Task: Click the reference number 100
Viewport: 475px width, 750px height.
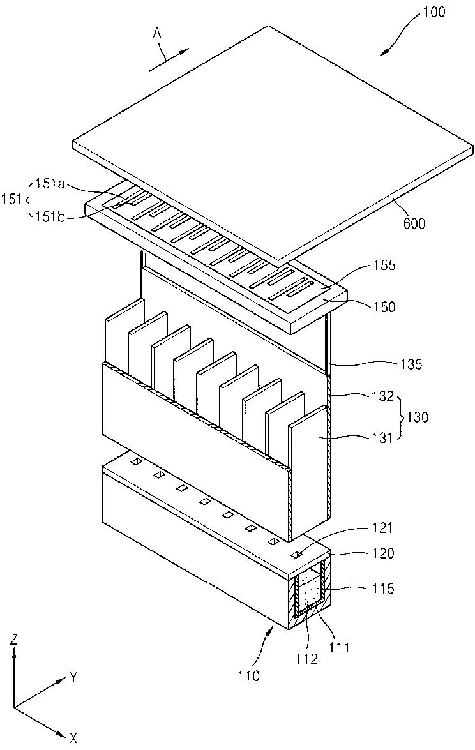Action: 450,11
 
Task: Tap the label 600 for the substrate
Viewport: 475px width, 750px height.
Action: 413,223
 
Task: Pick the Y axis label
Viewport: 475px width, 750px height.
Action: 73,678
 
